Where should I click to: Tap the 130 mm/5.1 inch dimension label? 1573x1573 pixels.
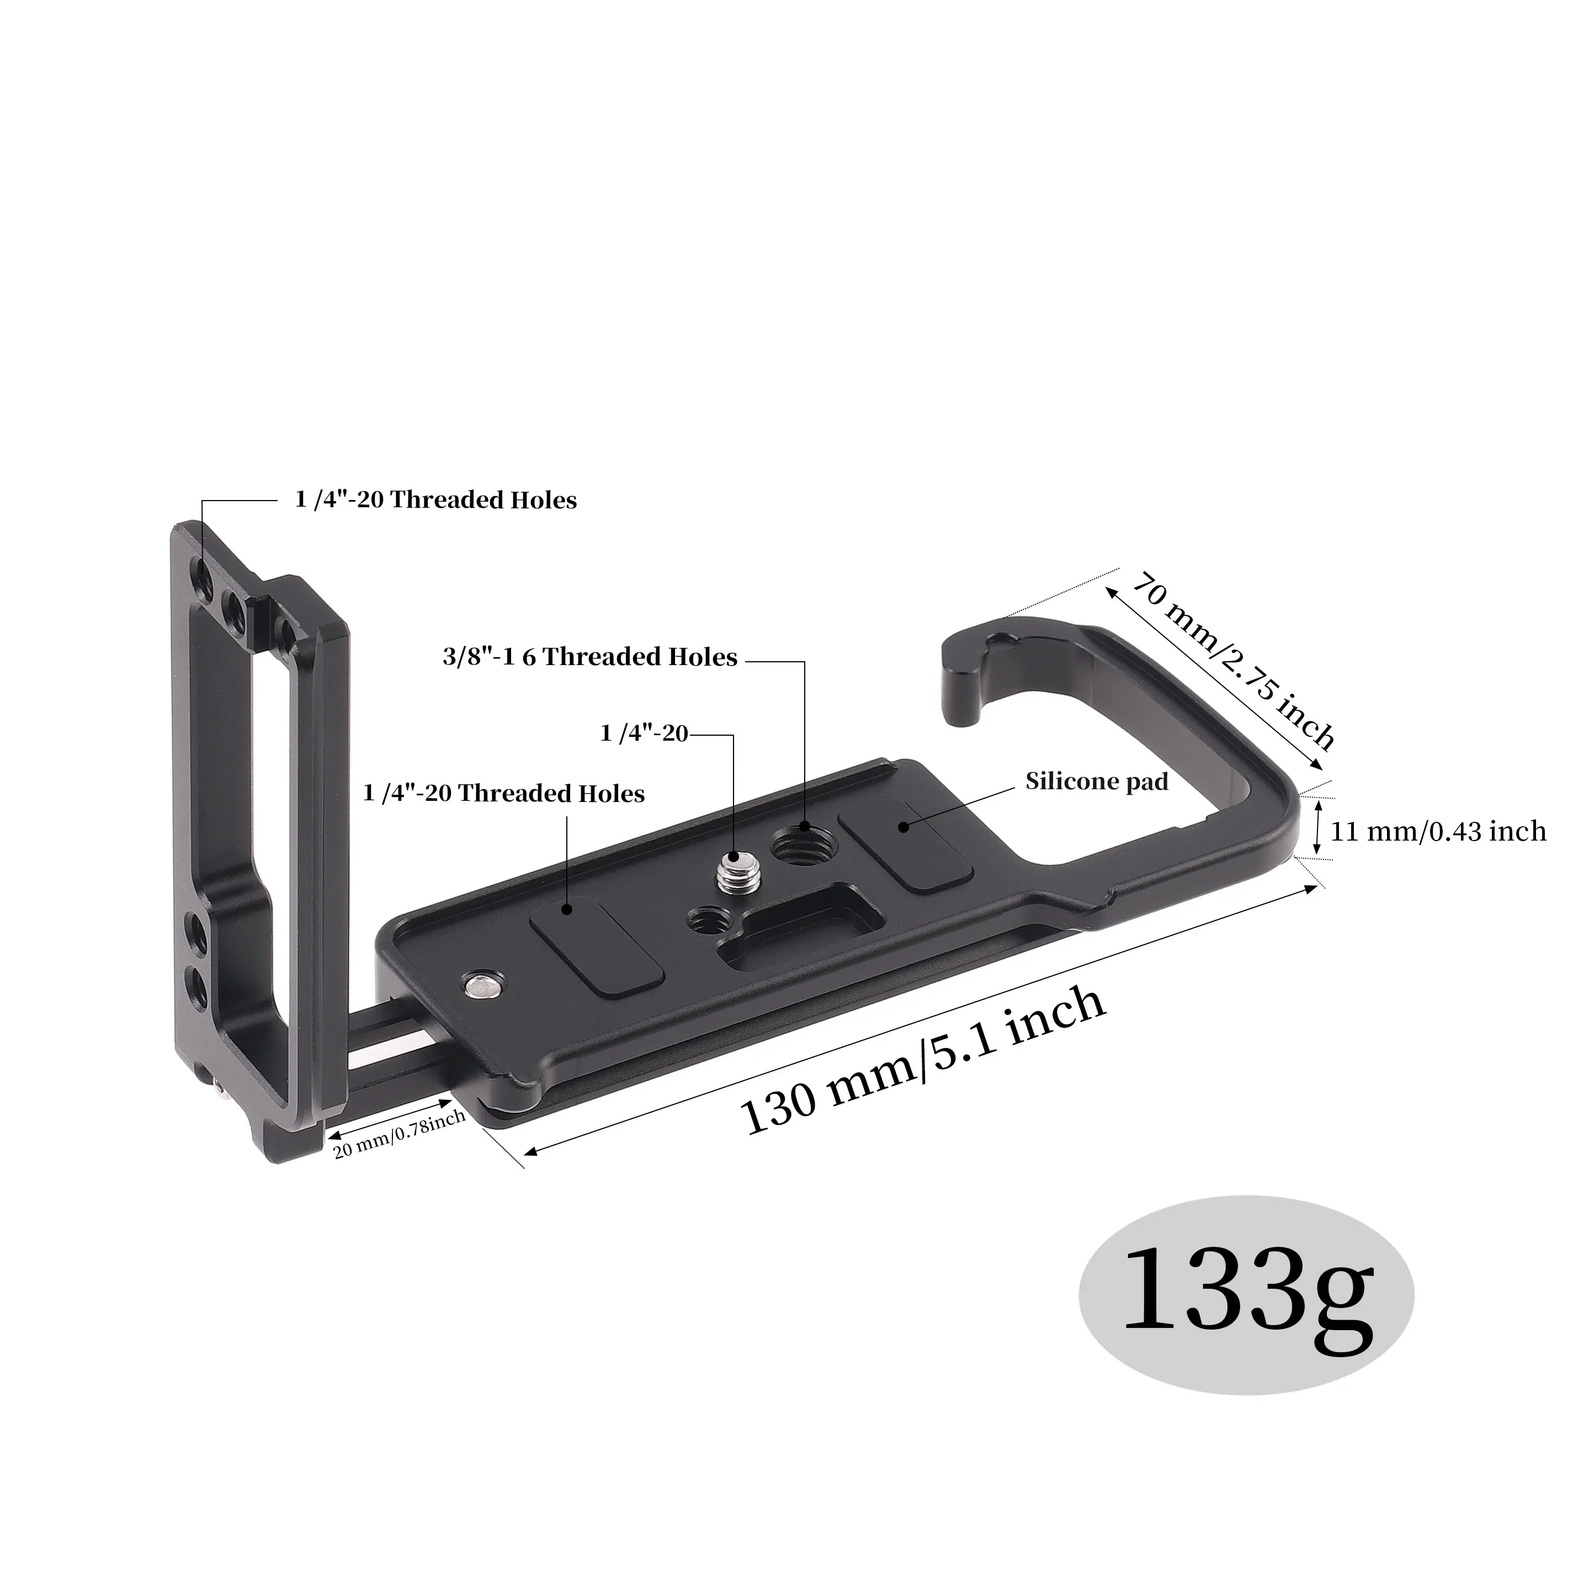point(922,1062)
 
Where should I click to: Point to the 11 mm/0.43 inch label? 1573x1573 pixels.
point(1438,831)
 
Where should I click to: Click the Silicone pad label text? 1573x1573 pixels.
point(1096,782)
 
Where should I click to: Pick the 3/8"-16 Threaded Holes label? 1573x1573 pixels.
point(589,657)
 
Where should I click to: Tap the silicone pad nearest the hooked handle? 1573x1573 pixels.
point(905,844)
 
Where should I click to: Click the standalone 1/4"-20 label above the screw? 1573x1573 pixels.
point(643,734)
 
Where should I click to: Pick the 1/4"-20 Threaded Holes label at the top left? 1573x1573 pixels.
point(435,500)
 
